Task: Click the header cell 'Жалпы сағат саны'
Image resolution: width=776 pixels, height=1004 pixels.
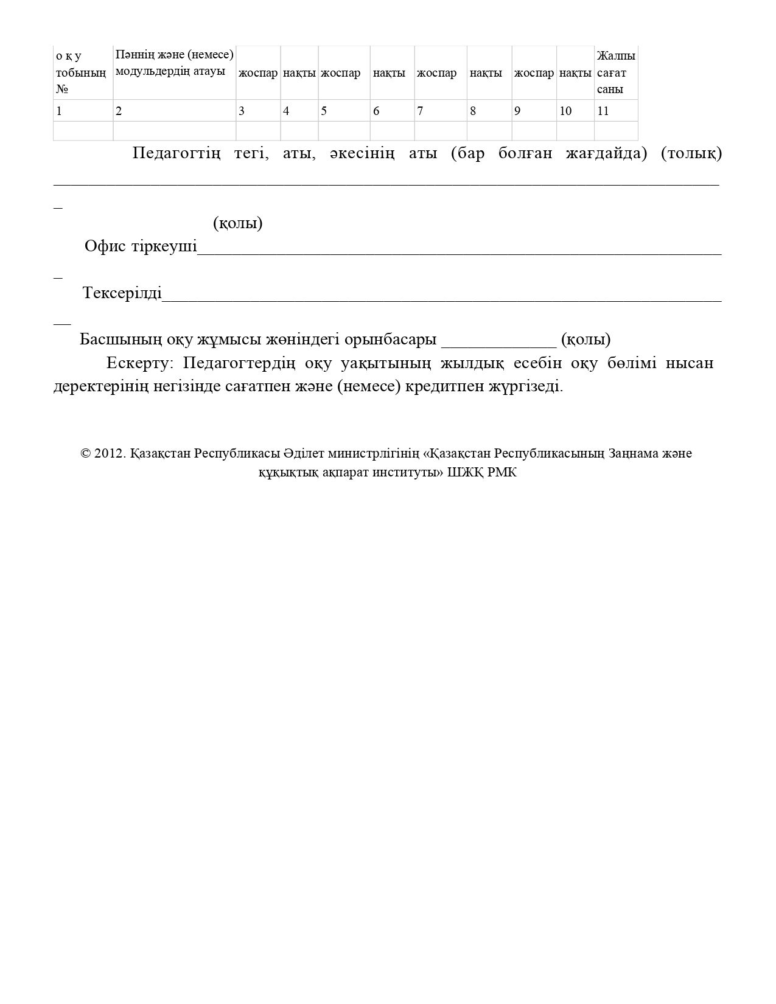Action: coord(615,72)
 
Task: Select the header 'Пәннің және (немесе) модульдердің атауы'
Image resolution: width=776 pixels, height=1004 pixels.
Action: coord(174,63)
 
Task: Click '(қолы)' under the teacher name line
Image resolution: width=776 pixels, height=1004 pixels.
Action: coord(238,223)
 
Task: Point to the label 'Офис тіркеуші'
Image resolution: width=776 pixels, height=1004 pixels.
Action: coord(141,246)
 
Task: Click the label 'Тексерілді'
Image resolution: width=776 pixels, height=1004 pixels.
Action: coord(122,293)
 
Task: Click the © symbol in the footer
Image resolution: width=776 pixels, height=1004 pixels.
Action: coord(86,454)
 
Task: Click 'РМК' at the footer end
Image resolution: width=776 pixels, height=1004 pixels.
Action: coord(502,472)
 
